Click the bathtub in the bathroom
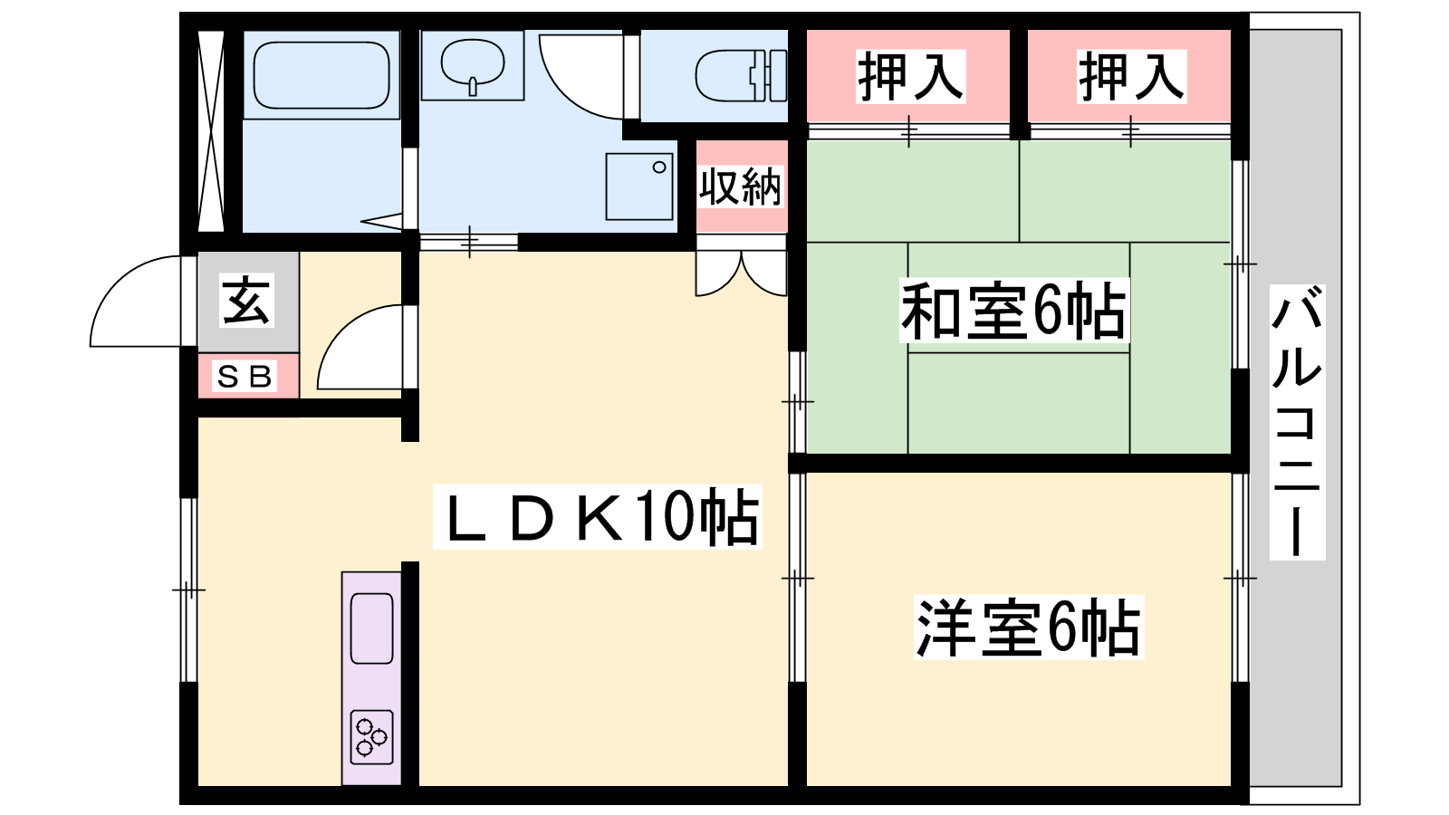point(321,75)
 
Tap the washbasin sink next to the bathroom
point(472,64)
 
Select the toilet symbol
point(741,76)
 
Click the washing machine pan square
point(639,187)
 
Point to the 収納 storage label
point(741,187)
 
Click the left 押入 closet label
point(910,76)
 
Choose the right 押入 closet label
point(1131,76)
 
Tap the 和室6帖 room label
point(1013,312)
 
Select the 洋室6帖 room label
point(1029,628)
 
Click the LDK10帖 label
point(598,517)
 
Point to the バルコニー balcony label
point(1297,422)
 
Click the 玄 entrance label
point(246,301)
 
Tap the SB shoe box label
point(245,376)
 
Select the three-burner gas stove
point(372,737)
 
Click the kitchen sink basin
point(372,628)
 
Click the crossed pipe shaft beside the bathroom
point(210,130)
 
